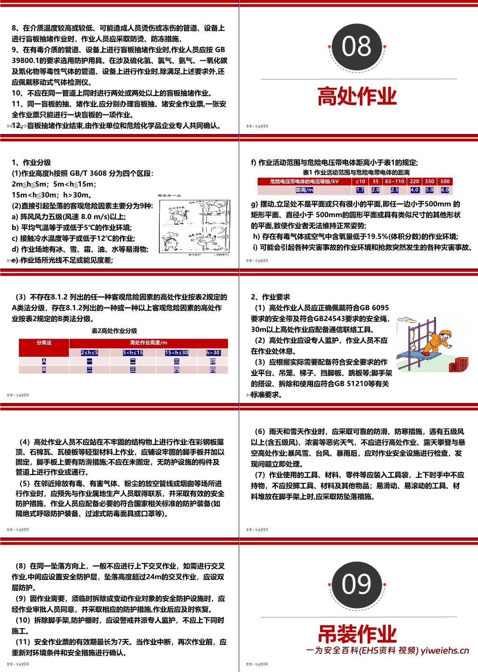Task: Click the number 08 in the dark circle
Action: pos(357,46)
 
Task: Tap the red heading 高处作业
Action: pos(357,96)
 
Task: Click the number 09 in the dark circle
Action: pos(357,584)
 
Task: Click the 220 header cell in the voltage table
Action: pos(414,181)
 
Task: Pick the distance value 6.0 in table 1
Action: pos(445,190)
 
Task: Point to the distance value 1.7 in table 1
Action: pos(360,190)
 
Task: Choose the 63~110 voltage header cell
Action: pos(394,181)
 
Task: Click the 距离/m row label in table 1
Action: pos(304,190)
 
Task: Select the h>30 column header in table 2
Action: pos(213,353)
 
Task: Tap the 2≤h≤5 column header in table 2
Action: pos(90,353)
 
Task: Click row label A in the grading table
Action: pos(44,361)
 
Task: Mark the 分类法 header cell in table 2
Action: pos(44,343)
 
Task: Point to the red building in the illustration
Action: pos(458,364)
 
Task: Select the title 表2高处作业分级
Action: pos(114,331)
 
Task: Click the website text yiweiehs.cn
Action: pos(444,651)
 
